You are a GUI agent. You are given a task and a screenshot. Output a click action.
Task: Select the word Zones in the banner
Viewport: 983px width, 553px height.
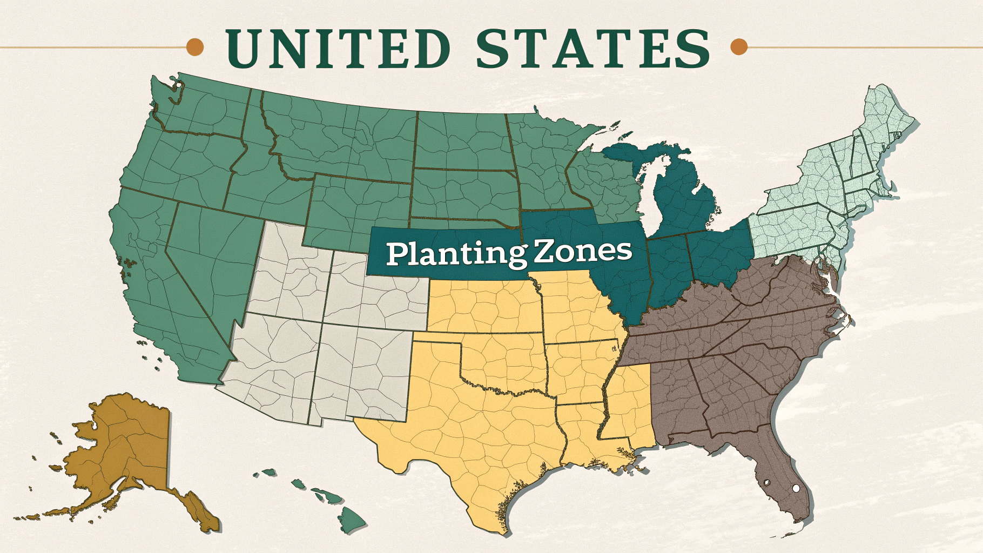[x=582, y=251]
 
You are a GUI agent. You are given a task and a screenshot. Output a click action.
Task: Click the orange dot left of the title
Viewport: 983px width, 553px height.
[x=195, y=47]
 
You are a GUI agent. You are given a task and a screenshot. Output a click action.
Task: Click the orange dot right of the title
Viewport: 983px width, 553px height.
[x=738, y=47]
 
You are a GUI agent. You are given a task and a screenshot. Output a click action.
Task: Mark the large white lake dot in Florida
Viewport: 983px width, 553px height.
[x=795, y=488]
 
